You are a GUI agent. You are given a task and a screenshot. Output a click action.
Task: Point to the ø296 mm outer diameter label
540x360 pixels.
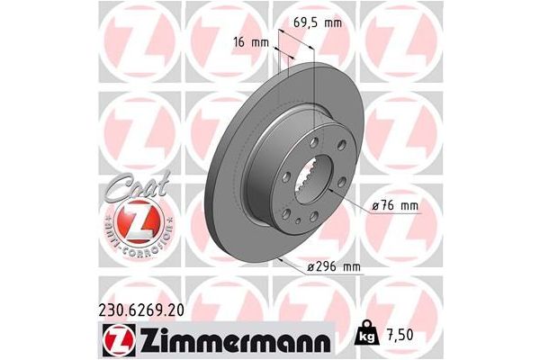(x=335, y=266)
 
